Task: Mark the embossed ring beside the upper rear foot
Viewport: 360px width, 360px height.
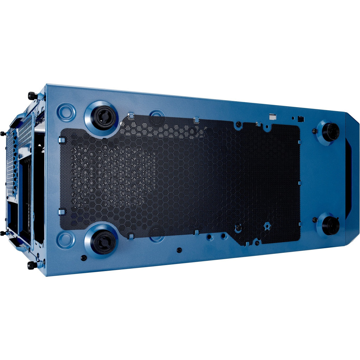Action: pyautogui.click(x=66, y=111)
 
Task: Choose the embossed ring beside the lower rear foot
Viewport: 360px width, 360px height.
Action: pyautogui.click(x=66, y=240)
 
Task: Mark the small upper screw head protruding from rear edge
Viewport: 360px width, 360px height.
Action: pyautogui.click(x=3, y=134)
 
